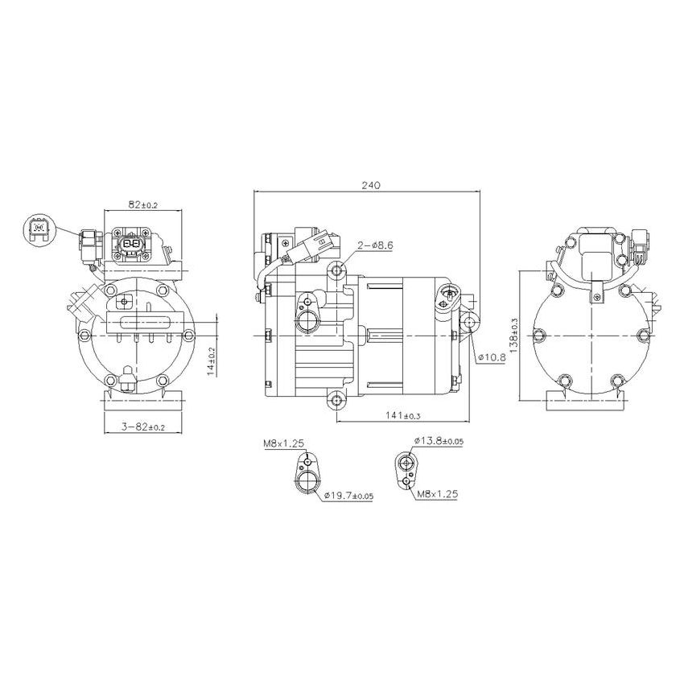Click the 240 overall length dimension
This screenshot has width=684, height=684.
[x=370, y=184]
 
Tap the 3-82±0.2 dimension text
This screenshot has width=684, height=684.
[x=142, y=426]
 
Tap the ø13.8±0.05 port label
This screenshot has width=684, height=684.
[x=438, y=442]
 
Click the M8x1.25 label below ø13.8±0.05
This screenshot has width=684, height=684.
[x=437, y=495]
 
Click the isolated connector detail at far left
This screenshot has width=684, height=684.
[x=37, y=230]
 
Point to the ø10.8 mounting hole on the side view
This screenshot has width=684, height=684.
[x=471, y=323]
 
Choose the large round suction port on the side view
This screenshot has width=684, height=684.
[x=307, y=321]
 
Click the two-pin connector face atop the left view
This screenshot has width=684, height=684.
[x=131, y=242]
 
